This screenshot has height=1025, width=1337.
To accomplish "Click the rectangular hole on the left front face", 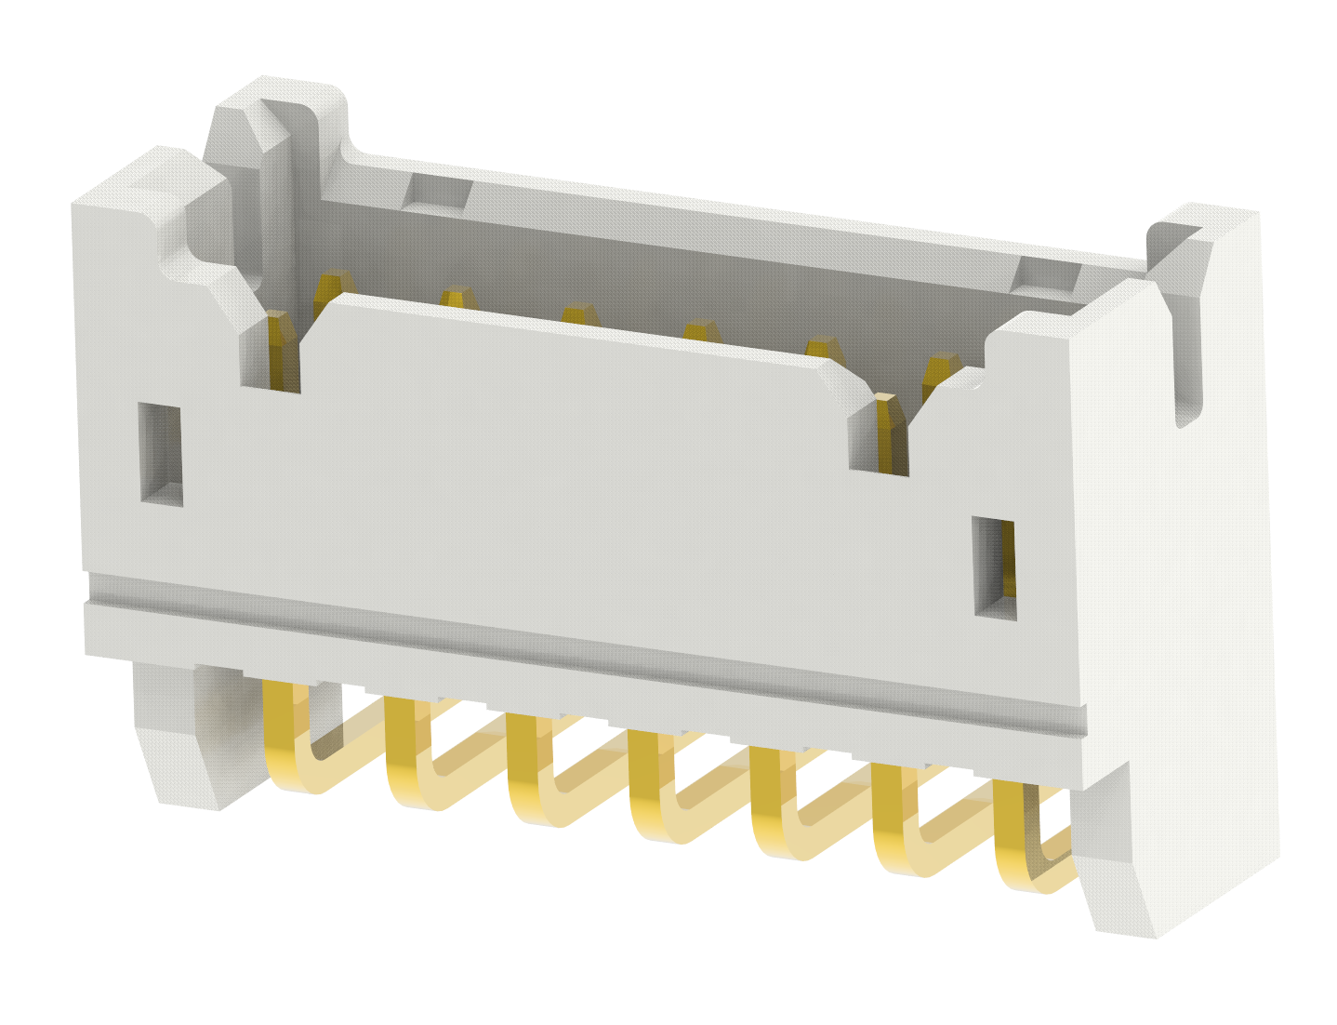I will (x=161, y=454).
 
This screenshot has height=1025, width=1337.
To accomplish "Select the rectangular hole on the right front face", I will (x=994, y=566).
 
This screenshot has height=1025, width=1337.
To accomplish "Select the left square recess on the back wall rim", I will (x=438, y=191).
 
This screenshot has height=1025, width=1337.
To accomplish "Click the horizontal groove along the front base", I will (x=586, y=646).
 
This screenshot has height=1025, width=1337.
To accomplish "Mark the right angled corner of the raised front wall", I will (x=851, y=381).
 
